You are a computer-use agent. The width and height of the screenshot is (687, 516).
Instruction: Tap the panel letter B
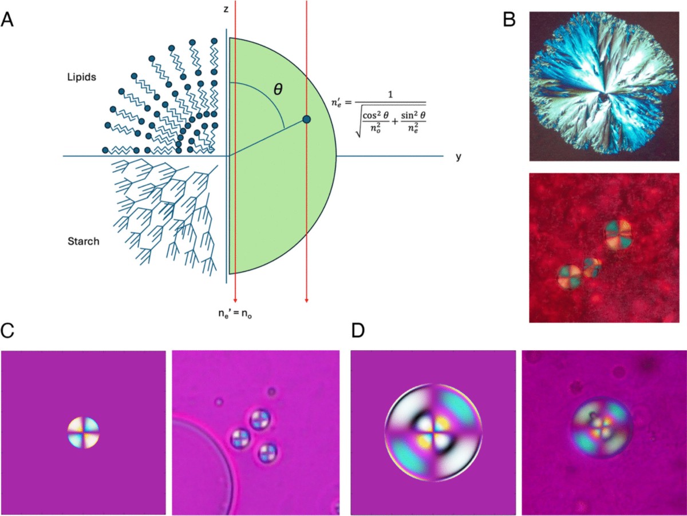(x=509, y=20)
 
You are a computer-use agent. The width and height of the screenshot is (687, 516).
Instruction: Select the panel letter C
(x=8, y=330)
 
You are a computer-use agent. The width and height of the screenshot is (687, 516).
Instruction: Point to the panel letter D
(x=358, y=330)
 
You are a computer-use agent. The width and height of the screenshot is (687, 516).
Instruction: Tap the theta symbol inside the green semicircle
(x=278, y=90)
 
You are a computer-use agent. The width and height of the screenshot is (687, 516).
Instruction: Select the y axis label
(x=458, y=156)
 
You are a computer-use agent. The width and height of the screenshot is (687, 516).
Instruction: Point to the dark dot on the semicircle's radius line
(x=307, y=119)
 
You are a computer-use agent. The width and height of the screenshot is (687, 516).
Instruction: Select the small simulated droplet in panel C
(x=83, y=432)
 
